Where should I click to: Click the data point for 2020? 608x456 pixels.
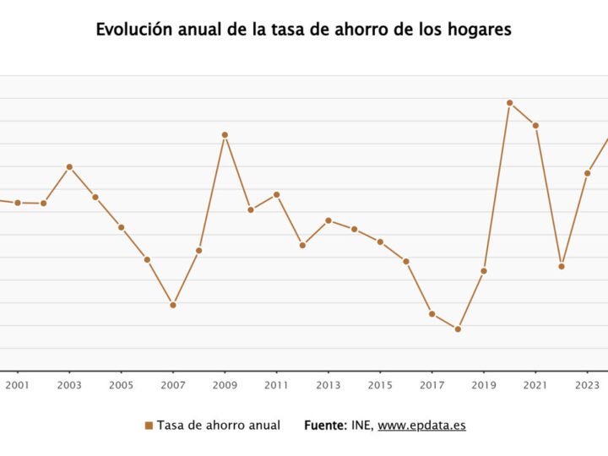coord(510,103)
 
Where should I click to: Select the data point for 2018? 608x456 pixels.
coord(458,329)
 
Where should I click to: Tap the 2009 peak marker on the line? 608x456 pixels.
coord(225,135)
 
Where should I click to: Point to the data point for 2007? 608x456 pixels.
coord(173,305)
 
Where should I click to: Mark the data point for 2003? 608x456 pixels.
coord(69,167)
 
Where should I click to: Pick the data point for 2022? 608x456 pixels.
coord(562,267)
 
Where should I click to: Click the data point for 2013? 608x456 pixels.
coord(328,220)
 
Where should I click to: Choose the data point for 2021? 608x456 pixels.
coord(535,126)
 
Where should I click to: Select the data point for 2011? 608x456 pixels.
coord(276,195)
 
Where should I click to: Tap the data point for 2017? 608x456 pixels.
coord(432,314)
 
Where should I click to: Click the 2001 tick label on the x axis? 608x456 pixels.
coord(18,386)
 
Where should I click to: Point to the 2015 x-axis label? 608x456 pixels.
coord(380,386)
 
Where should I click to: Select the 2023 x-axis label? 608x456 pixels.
coord(587,386)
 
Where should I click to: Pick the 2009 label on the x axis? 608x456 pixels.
coord(225,386)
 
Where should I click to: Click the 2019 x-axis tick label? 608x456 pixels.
coord(484,386)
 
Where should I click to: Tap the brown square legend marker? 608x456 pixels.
coord(149,426)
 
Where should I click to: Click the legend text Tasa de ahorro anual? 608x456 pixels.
coord(218,426)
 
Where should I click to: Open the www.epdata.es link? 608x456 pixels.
coord(421,426)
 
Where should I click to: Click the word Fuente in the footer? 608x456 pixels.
coord(324,426)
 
